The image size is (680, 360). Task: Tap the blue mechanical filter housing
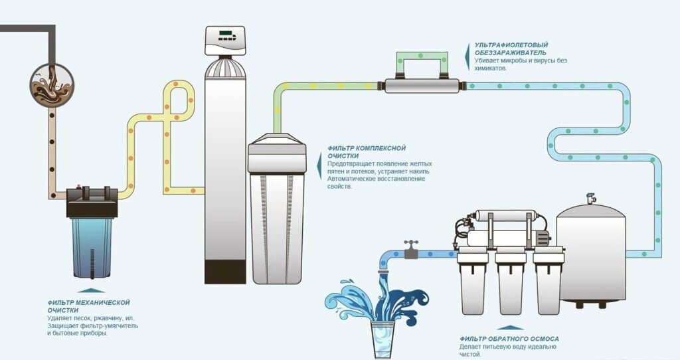click(92, 246)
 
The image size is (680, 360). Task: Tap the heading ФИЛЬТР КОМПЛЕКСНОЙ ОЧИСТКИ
click(366, 152)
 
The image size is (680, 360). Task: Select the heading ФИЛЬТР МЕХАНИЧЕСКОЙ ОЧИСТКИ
click(88, 306)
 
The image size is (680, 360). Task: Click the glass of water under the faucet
click(382, 336)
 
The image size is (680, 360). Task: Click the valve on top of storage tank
click(591, 199)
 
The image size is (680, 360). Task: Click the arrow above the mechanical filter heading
click(91, 291)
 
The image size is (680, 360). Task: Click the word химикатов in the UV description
click(490, 68)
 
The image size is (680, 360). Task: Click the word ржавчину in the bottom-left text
click(96, 319)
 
